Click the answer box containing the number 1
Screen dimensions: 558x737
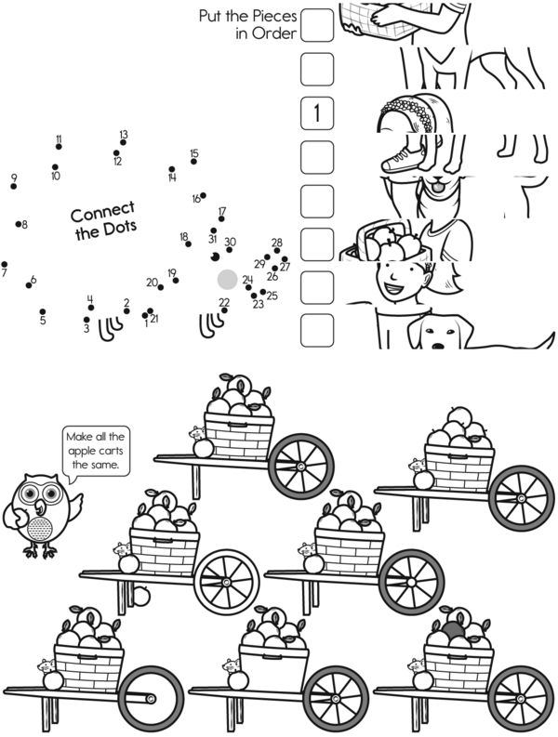317,113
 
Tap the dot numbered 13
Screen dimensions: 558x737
123,142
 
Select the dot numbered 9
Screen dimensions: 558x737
14,187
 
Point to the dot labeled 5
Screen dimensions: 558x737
43,311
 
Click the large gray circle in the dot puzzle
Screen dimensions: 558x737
227,279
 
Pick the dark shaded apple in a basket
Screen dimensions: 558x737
454,630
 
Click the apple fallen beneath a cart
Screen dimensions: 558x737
140,596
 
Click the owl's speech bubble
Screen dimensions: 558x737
96,452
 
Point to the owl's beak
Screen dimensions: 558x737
39,507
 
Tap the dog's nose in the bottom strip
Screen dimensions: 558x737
437,346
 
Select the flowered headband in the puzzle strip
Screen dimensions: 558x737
413,112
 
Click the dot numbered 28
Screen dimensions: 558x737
276,251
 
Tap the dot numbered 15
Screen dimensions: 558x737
193,162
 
